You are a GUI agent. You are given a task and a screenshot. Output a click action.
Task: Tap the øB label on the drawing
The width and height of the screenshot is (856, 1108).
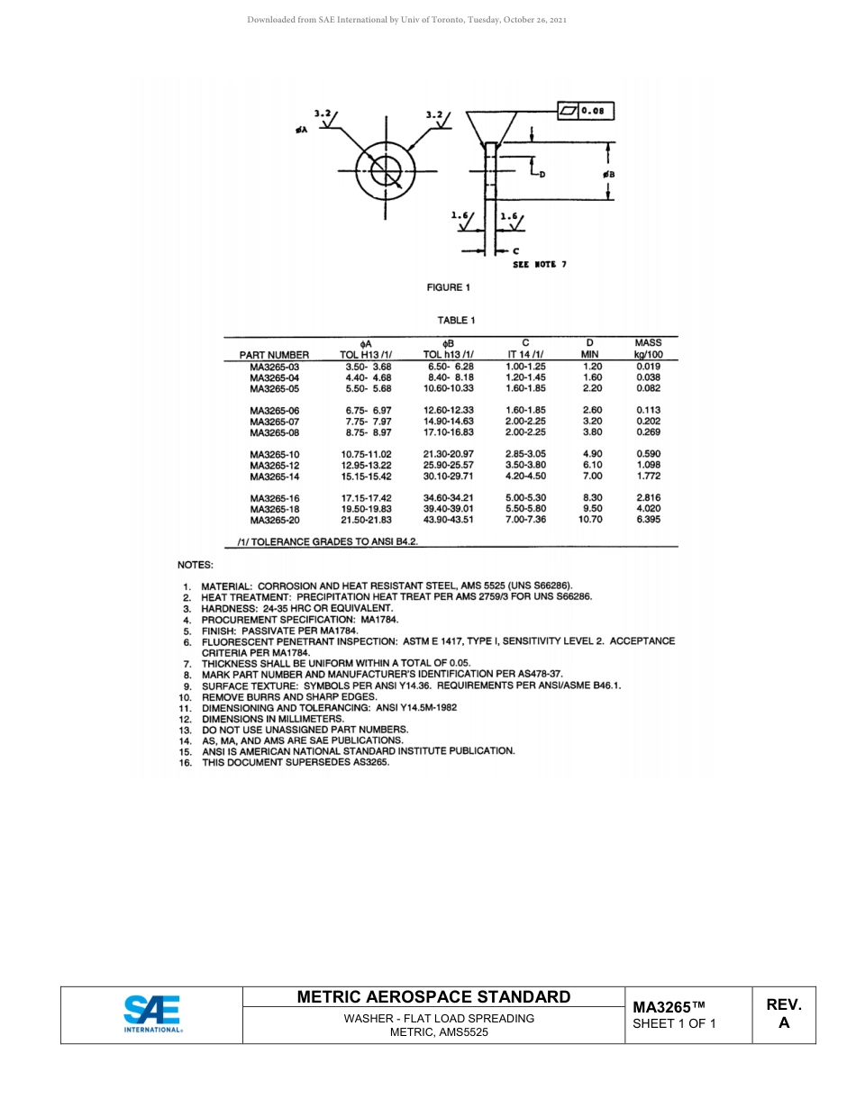coord(608,174)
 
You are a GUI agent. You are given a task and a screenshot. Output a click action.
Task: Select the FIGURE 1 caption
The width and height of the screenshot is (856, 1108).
coord(449,287)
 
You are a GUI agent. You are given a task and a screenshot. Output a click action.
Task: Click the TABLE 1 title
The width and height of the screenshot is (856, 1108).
coord(456,320)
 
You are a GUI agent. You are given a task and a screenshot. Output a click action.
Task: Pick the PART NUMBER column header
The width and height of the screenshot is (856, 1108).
coord(274,355)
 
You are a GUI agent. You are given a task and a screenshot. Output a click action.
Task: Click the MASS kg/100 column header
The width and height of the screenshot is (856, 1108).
coord(648,349)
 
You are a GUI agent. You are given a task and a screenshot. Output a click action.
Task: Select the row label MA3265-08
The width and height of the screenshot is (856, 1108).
coord(274,432)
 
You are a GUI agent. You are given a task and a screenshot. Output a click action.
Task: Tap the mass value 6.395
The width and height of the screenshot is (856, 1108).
coord(648,520)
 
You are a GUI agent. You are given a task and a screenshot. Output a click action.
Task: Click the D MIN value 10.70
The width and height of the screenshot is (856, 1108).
coord(590,520)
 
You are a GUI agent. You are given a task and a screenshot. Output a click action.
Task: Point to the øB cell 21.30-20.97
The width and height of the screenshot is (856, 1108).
coord(449,454)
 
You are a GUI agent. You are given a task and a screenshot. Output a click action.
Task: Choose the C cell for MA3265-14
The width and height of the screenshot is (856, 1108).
coord(525,476)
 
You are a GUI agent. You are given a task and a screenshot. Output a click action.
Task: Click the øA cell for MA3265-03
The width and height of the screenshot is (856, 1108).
coord(368,367)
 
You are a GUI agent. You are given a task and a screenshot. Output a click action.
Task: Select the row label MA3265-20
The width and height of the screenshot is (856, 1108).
coord(274,520)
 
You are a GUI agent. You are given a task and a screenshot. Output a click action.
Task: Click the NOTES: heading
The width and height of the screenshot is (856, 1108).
coord(196,565)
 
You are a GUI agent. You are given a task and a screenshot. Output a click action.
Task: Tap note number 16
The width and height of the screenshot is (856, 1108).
coord(186,762)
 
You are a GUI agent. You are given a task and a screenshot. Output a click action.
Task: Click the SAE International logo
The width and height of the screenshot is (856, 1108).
coord(152,1013)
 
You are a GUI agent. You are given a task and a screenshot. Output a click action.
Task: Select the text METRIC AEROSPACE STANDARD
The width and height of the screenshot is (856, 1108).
coord(433,996)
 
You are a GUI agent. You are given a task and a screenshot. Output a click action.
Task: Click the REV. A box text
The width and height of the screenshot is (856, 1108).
coord(784,1013)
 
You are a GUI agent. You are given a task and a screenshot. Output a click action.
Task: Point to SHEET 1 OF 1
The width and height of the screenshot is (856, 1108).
coord(674,1023)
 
